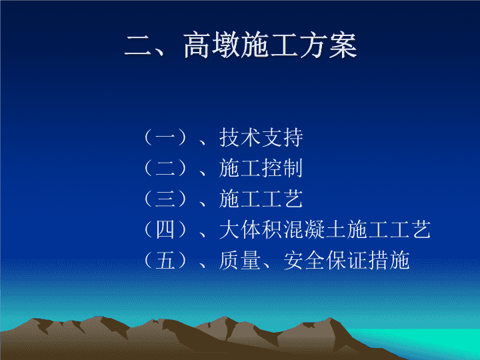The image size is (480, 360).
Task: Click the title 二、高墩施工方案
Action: pos(241,45)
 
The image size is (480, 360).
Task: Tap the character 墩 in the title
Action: pos(226,45)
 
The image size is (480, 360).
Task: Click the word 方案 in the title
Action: pos(328,45)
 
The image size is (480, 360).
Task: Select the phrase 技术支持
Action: pos(261,137)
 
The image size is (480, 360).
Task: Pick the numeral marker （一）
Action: pos(165,137)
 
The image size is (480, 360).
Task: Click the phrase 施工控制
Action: pos(261,168)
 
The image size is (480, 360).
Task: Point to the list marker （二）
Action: pos(165,168)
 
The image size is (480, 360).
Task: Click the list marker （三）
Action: pos(165,199)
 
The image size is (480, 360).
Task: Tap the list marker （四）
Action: pos(165,229)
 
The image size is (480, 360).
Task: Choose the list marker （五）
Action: pos(165,261)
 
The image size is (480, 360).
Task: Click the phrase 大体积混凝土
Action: pos(283,229)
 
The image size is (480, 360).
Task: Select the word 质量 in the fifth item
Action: pos(240,261)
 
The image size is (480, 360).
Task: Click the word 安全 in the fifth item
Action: pos(304,261)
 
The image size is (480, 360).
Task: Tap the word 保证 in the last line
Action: pos(347,261)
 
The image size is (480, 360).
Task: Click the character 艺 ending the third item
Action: pos(293,199)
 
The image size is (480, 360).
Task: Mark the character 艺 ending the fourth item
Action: pos(421,229)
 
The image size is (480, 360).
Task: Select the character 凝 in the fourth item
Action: pos(315,229)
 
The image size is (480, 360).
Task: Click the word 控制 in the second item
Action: pos(282,168)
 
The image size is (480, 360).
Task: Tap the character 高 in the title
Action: pos(197,45)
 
